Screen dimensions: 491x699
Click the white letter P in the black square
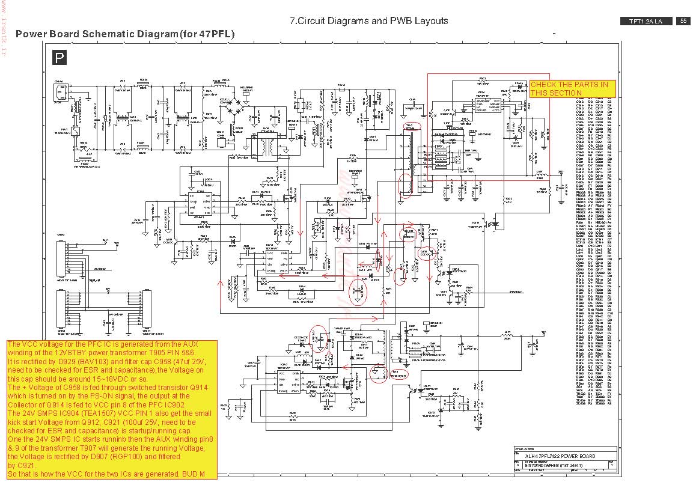coord(58,58)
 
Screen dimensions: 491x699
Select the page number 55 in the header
coord(683,21)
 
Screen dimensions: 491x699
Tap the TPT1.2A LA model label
coord(646,22)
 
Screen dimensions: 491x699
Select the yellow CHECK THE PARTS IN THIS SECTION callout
coord(572,89)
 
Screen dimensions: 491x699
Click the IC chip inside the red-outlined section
coord(488,103)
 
